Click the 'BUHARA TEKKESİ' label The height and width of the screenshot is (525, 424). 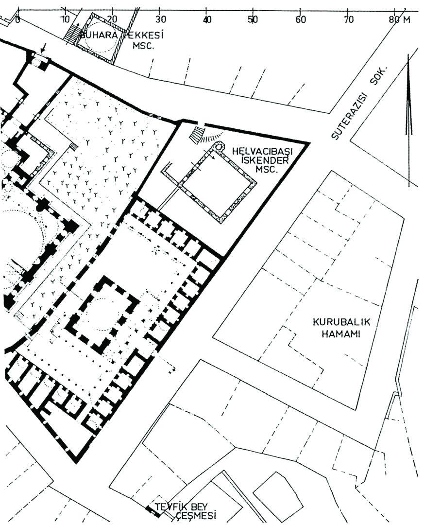[x=115, y=35]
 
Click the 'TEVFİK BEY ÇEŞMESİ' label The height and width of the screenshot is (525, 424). [x=185, y=511]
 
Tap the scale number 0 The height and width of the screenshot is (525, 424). [x=18, y=20]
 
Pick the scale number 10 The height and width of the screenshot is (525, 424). [x=65, y=20]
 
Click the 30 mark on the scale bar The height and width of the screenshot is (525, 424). [x=160, y=20]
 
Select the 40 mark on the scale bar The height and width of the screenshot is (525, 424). [x=207, y=20]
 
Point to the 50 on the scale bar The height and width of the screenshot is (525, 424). [x=253, y=20]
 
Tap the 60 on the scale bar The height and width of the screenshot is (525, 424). [x=301, y=20]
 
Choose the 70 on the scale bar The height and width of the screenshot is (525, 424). [x=348, y=20]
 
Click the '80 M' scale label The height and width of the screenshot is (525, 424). [x=399, y=20]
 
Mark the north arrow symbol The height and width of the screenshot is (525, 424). [x=409, y=97]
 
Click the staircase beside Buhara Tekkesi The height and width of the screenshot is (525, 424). [x=72, y=33]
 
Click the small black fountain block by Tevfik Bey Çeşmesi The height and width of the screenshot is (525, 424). [x=149, y=509]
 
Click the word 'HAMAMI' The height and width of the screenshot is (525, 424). [x=339, y=334]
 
